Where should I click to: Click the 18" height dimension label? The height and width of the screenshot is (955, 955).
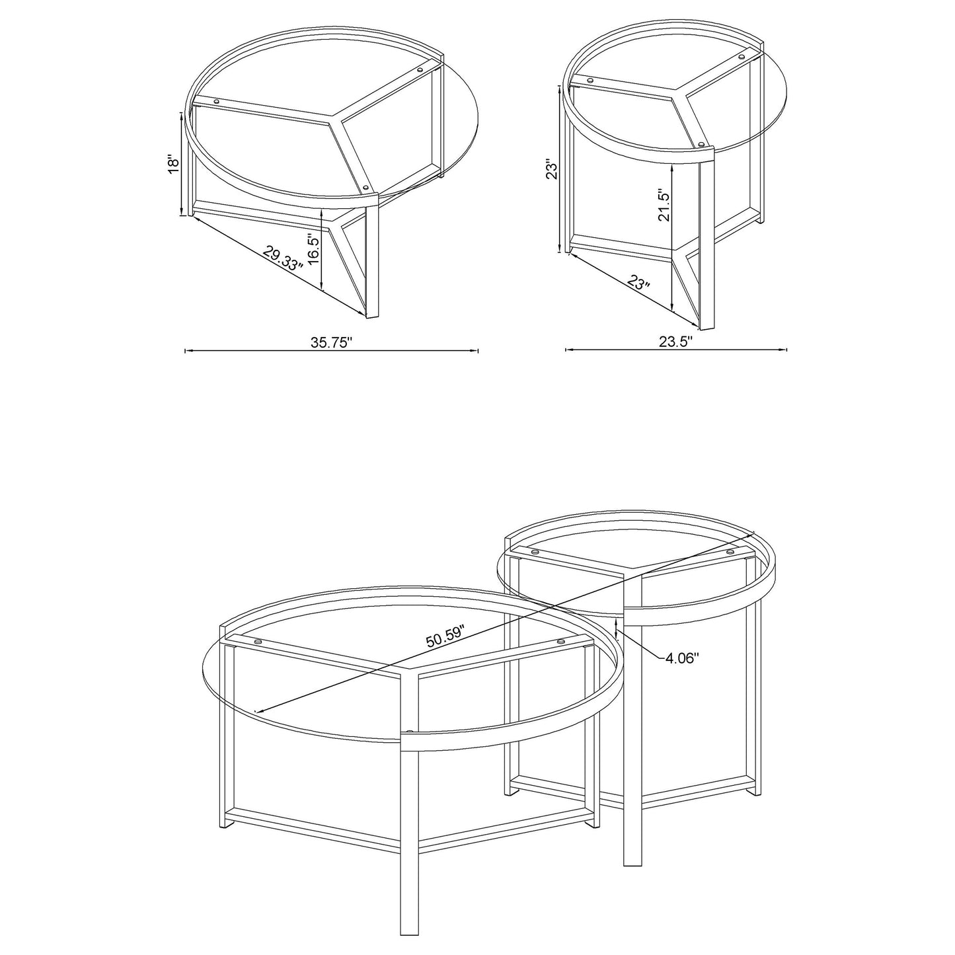pos(173,164)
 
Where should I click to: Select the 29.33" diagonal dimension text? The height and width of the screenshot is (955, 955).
pos(282,257)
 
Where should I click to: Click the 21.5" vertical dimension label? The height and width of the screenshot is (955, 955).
pos(664,206)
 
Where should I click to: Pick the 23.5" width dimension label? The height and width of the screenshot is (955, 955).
pos(676,342)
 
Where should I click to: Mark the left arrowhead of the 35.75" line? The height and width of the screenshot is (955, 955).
pos(186,351)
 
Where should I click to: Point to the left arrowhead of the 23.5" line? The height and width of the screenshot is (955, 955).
pos(567,350)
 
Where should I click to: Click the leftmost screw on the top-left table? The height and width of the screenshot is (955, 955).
pos(216,101)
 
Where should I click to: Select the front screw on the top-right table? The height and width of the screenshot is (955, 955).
pos(701,143)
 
